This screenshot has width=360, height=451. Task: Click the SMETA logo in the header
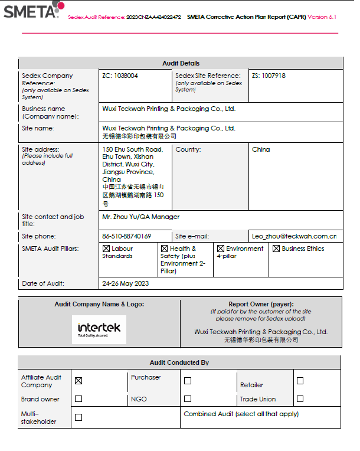pos(32,10)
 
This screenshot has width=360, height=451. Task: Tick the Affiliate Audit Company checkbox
pos(78,381)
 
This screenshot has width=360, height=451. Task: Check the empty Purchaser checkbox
pos(188,381)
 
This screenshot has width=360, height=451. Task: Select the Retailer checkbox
pos(300,381)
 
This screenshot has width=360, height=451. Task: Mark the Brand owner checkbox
pos(78,398)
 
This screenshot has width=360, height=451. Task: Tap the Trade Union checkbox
pos(300,398)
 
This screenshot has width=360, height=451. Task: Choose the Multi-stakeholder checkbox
pos(78,417)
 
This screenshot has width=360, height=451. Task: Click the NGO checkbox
pos(188,398)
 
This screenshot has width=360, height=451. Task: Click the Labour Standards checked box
pos(106,249)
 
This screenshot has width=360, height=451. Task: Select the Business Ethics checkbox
pos(276,249)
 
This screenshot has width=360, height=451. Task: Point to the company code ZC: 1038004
pos(120,76)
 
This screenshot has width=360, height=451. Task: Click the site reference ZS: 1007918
pos(269,76)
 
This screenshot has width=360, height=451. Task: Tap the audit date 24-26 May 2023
pos(126,283)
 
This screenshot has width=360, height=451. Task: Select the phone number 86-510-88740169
pos(126,236)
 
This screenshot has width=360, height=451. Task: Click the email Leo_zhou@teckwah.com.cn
pos(294,236)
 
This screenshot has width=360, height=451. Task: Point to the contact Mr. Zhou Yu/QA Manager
pos(141,217)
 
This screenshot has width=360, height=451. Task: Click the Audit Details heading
pos(181,63)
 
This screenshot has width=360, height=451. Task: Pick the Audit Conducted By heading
pos(179,362)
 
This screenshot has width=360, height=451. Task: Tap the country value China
pos(261,149)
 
